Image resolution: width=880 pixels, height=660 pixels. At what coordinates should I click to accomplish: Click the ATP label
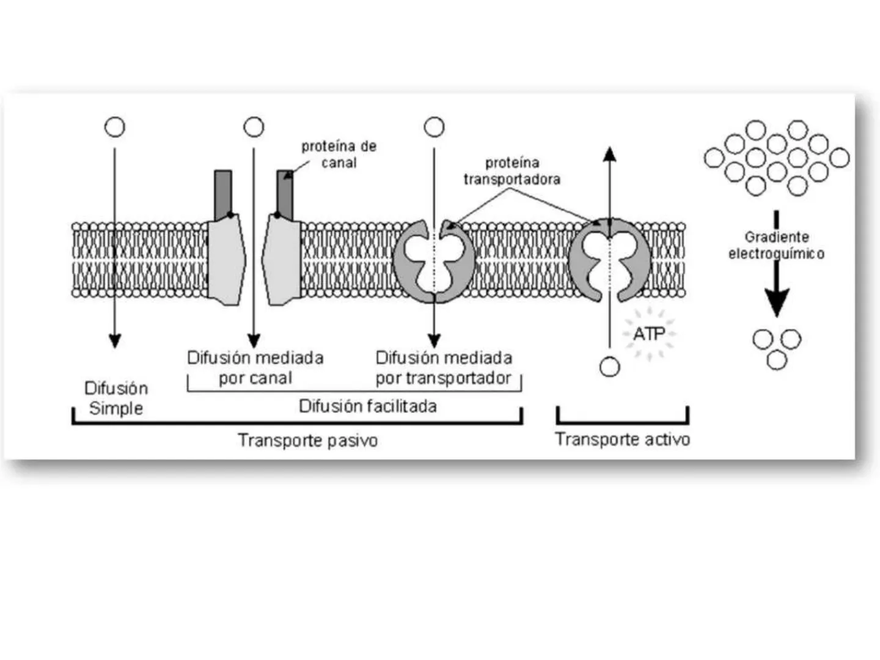pos(648,334)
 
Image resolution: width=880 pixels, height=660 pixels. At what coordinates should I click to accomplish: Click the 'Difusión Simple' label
pos(116,398)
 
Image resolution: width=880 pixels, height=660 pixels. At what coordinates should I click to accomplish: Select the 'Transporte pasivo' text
pos(307,440)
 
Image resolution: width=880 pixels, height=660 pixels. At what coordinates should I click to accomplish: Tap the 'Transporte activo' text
pos(622,439)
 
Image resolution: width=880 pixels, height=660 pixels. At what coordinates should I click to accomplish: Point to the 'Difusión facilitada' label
pos(367,406)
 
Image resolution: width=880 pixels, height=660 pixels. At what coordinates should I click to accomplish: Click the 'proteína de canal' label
pos(339,155)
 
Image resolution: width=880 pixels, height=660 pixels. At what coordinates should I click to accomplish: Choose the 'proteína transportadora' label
pos(512,171)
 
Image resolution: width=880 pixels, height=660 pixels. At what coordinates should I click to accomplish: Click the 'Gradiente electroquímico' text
pos(776,245)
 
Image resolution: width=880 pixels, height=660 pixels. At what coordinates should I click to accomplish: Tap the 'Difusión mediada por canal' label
pos(255,367)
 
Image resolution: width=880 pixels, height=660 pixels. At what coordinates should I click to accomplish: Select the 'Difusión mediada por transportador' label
pos(444,367)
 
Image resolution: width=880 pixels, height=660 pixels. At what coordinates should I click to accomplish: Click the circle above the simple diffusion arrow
pos(115,127)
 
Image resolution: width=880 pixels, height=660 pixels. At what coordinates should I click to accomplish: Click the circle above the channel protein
pos(254,127)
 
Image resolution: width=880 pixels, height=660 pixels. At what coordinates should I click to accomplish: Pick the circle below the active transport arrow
pos(609,367)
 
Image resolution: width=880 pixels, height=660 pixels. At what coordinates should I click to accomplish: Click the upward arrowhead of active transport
pos(609,154)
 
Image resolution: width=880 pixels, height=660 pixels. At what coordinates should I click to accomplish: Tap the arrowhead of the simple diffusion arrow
pos(115,341)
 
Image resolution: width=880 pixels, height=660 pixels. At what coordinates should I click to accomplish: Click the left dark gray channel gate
pos(223,194)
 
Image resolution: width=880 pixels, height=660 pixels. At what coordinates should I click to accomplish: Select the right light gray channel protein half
pos(282,260)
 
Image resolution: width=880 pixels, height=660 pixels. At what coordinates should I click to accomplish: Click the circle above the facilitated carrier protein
pos(434,127)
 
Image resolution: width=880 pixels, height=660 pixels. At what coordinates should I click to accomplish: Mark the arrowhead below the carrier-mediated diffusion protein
pos(434,341)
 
